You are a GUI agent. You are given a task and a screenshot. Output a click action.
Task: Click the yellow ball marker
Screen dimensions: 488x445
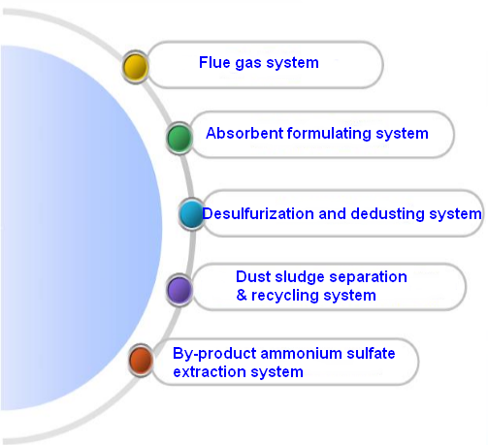[x=135, y=67]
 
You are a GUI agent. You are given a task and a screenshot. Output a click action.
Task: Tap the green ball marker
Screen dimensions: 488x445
[x=179, y=138]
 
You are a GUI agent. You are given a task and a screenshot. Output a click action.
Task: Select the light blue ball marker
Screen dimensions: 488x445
[x=191, y=213]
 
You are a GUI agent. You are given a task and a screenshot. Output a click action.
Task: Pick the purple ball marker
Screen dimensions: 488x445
[x=179, y=289]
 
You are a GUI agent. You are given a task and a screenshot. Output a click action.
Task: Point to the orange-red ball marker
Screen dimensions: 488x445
[x=141, y=360]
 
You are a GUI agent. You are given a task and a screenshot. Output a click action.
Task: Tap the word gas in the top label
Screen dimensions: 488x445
[x=248, y=63]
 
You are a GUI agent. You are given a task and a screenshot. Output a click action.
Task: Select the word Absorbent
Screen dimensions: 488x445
[x=244, y=133]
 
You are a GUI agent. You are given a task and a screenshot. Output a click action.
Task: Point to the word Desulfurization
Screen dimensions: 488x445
[x=258, y=214]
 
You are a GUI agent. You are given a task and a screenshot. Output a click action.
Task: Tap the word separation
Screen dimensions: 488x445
[x=368, y=278]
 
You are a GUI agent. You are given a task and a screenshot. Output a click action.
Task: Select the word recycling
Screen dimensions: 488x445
[x=285, y=296]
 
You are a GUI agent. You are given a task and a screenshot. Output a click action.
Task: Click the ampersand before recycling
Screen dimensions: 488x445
[x=242, y=295]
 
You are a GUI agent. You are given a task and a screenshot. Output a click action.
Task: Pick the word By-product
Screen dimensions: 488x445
[x=214, y=354]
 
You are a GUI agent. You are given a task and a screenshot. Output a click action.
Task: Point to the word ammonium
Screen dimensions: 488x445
[x=301, y=354]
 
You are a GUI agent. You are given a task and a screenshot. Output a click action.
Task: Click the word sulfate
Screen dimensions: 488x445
[x=371, y=353]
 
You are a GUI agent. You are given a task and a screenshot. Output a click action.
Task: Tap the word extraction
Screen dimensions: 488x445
[x=210, y=372]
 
